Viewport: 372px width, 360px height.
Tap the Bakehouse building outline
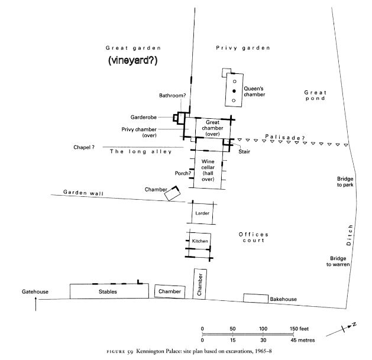[x=255, y=299]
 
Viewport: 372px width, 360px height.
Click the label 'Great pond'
[x=315, y=95]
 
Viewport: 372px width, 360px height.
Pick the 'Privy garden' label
[x=242, y=47]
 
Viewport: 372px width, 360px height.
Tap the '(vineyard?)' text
[x=137, y=61]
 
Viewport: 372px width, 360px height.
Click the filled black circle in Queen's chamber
[x=234, y=90]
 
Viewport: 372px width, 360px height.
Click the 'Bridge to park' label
[x=345, y=181]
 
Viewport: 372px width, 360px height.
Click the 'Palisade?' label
[x=284, y=137]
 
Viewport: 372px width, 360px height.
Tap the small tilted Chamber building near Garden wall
[x=173, y=193]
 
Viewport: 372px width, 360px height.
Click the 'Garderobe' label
[x=144, y=117]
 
